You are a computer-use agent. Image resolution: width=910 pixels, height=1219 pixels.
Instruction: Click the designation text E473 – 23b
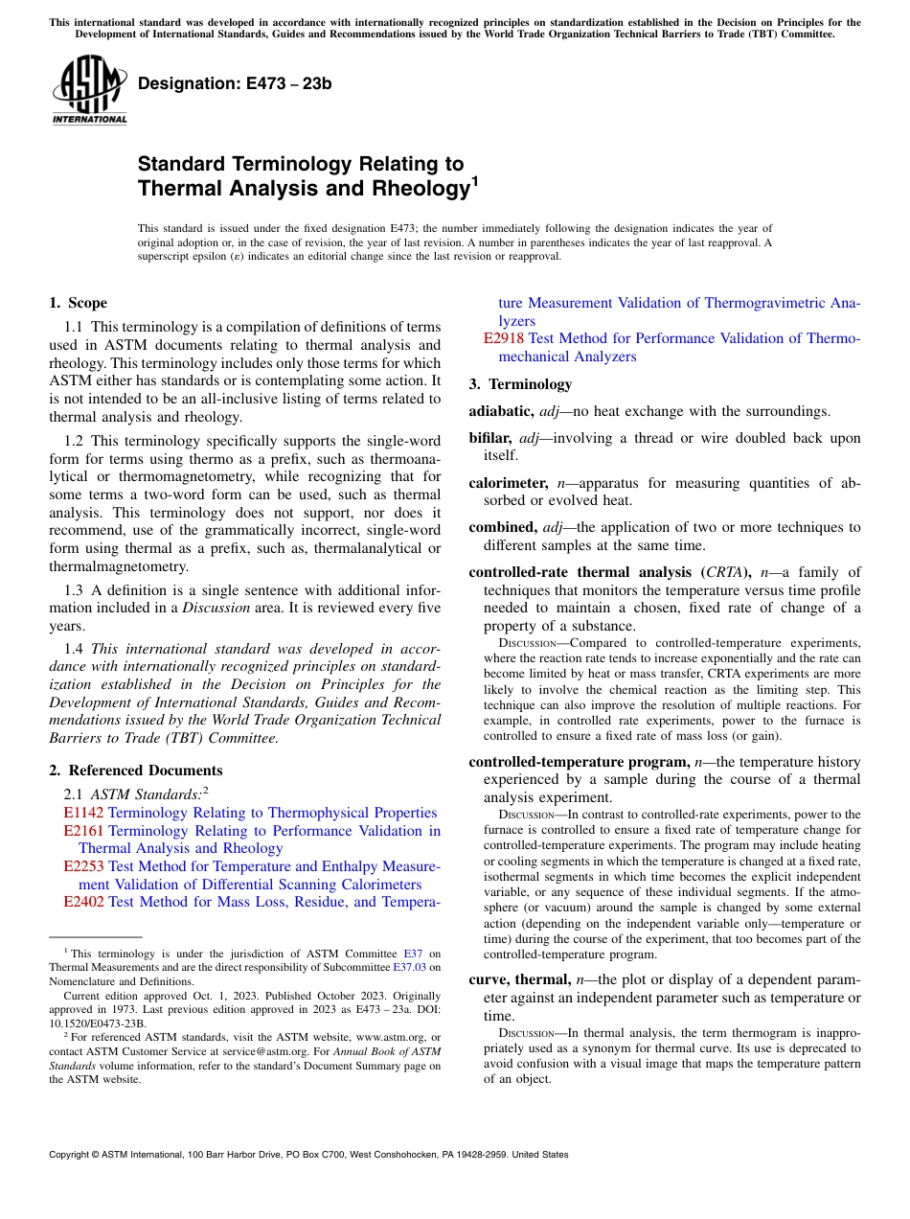point(235,83)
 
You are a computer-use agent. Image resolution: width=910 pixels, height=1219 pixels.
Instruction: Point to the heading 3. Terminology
point(520,384)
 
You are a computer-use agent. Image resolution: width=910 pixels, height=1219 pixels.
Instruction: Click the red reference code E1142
point(83,813)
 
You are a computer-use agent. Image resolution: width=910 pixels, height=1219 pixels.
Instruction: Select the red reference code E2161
point(83,831)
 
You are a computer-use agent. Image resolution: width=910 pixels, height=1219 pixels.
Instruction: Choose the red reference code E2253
point(83,866)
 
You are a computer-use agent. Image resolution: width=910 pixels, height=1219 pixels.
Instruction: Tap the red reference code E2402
point(83,902)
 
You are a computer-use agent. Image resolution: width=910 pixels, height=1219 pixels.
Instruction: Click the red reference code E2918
point(504,338)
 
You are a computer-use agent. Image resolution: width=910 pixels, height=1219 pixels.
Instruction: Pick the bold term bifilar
point(491,438)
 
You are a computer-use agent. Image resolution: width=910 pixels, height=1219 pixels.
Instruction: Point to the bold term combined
point(502,527)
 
